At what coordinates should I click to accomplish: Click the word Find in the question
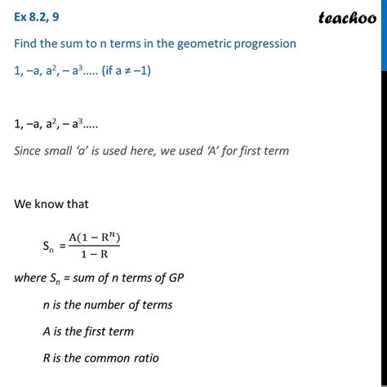pyautogui.click(x=29, y=43)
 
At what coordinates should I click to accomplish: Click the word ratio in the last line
pyautogui.click(x=145, y=358)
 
